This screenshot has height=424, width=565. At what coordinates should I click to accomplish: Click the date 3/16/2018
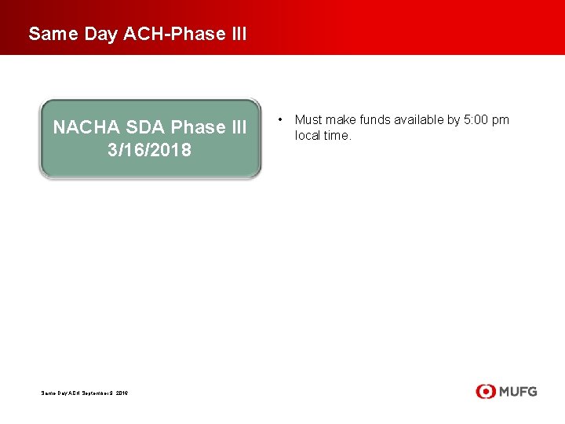[x=149, y=150]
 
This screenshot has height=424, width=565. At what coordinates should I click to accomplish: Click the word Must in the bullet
[x=308, y=120]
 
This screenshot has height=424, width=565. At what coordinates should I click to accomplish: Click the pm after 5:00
[x=501, y=120]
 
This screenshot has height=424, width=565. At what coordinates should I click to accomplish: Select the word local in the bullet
[x=307, y=136]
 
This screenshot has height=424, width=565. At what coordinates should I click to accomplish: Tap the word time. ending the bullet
[x=338, y=136]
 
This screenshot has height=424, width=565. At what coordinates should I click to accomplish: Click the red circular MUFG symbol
[x=485, y=391]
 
